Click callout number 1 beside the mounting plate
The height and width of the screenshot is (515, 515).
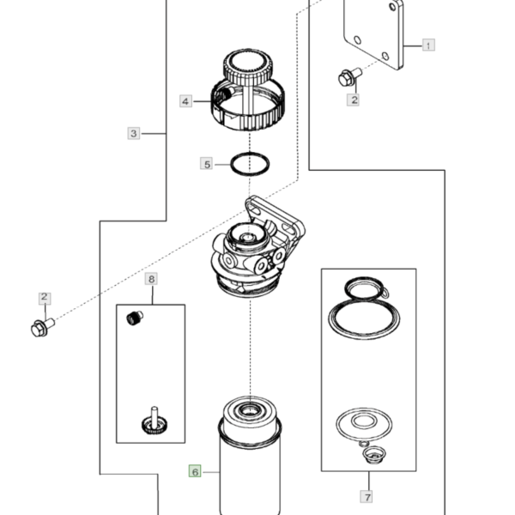coord(428,45)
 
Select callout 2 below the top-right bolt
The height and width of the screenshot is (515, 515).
coord(354,100)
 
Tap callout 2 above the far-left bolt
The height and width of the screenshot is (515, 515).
coord(45,298)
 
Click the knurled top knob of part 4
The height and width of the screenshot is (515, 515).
coord(248,68)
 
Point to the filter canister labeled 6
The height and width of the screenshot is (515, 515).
coord(250,460)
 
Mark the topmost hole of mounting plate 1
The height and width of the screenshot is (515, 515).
coord(392,7)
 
